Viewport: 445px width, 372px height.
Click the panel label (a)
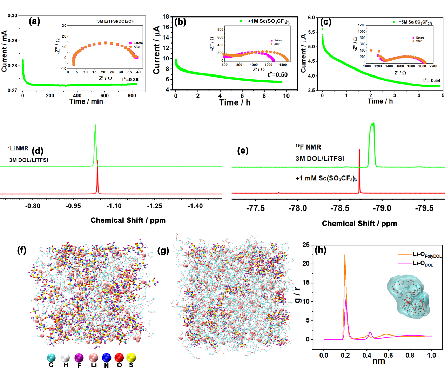coord(34,21)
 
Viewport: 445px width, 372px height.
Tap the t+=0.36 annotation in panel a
coord(130,80)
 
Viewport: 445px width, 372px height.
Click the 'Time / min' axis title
coord(86,101)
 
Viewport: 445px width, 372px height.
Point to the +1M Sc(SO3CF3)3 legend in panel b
coord(268,21)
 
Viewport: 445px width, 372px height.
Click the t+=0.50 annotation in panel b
coord(277,74)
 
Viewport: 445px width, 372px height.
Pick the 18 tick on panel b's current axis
coord(166,16)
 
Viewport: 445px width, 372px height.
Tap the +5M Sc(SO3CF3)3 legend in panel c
coord(415,22)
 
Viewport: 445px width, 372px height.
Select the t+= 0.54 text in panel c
coord(432,80)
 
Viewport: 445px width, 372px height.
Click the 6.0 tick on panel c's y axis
coord(311,18)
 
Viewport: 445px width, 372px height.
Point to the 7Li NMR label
coord(18,148)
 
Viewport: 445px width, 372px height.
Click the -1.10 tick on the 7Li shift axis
coord(114,206)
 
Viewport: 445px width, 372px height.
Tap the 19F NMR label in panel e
coord(308,147)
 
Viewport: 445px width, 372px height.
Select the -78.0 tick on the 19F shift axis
coord(297,208)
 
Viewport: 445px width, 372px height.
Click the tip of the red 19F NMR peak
coord(359,150)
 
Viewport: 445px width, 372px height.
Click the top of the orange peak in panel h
coord(345,255)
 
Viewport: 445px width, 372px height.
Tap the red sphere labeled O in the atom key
coord(119,358)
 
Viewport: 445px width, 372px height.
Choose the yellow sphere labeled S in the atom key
coord(131,358)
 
